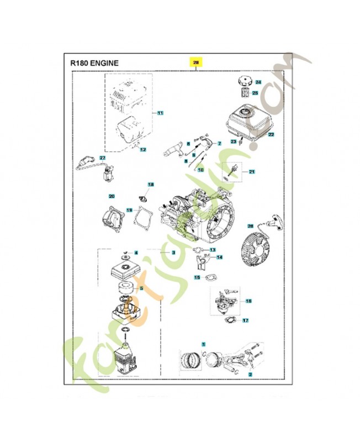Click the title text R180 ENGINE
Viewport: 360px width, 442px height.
click(x=94, y=63)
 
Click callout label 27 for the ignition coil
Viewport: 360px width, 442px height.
click(x=102, y=159)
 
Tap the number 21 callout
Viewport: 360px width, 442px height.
click(x=252, y=172)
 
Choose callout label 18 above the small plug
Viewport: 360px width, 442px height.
click(x=151, y=184)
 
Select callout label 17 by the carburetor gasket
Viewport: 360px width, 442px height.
click(x=246, y=320)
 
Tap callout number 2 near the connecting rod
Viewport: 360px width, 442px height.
click(x=250, y=375)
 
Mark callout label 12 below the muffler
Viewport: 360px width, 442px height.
click(x=142, y=150)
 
